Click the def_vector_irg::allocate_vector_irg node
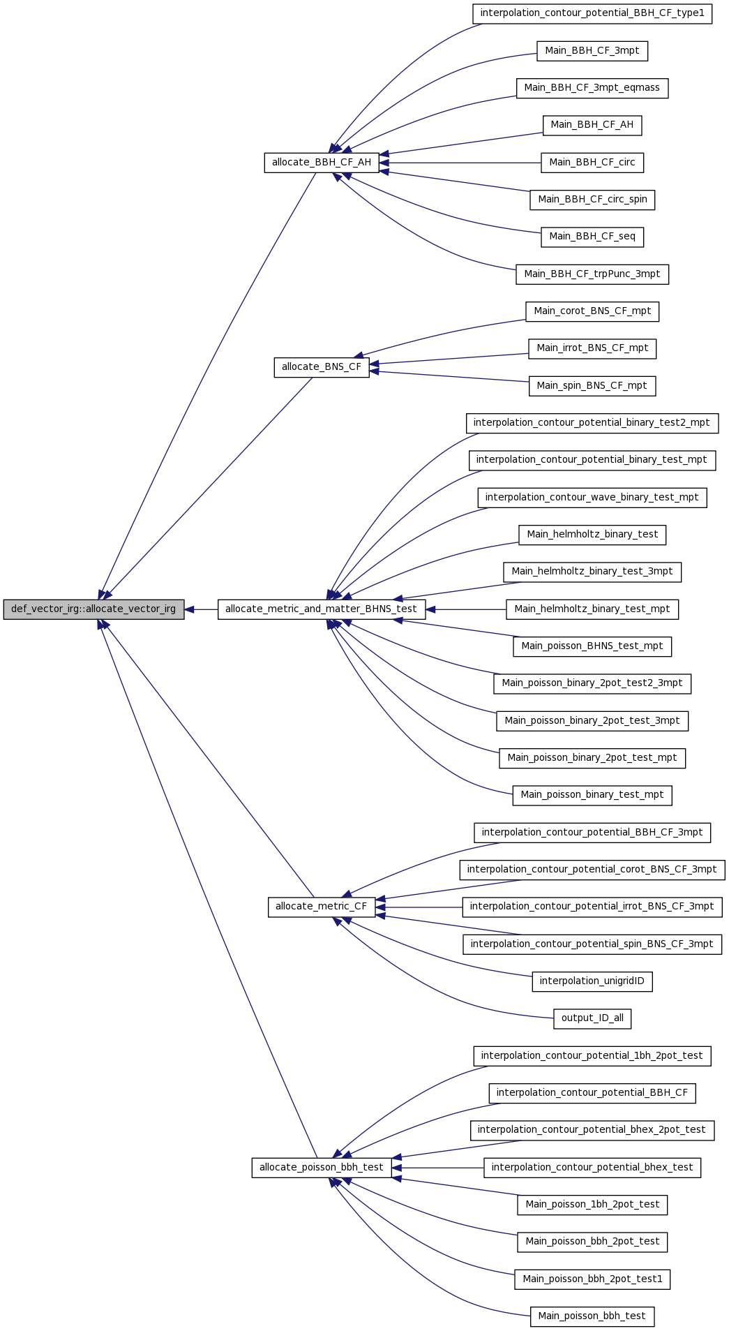pyautogui.click(x=93, y=609)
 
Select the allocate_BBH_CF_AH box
pyautogui.click(x=322, y=163)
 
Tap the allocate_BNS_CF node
pyautogui.click(x=322, y=367)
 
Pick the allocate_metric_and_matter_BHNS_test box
pyautogui.click(x=322, y=609)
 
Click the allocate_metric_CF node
pyautogui.click(x=322, y=907)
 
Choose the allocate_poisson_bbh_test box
pyautogui.click(x=322, y=1168)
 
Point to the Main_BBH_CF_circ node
pyautogui.click(x=592, y=163)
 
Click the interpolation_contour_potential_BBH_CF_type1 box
pyautogui.click(x=592, y=14)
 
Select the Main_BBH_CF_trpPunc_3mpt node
pyautogui.click(x=592, y=274)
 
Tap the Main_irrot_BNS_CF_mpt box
pyautogui.click(x=592, y=348)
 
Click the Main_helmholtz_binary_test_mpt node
pyautogui.click(x=592, y=609)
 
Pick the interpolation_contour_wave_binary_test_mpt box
pyautogui.click(x=592, y=498)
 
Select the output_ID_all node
pyautogui.click(x=592, y=1018)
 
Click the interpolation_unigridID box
pyautogui.click(x=592, y=981)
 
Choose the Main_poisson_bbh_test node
pyautogui.click(x=592, y=1316)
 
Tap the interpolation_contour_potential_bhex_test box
pyautogui.click(x=592, y=1168)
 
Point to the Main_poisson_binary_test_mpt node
pyautogui.click(x=592, y=795)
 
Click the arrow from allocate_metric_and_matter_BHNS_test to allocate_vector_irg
pyautogui.click(x=202, y=609)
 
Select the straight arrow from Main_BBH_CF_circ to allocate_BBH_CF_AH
pyautogui.click(x=460, y=163)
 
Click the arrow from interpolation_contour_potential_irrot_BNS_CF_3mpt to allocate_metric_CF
pyautogui.click(x=419, y=907)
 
